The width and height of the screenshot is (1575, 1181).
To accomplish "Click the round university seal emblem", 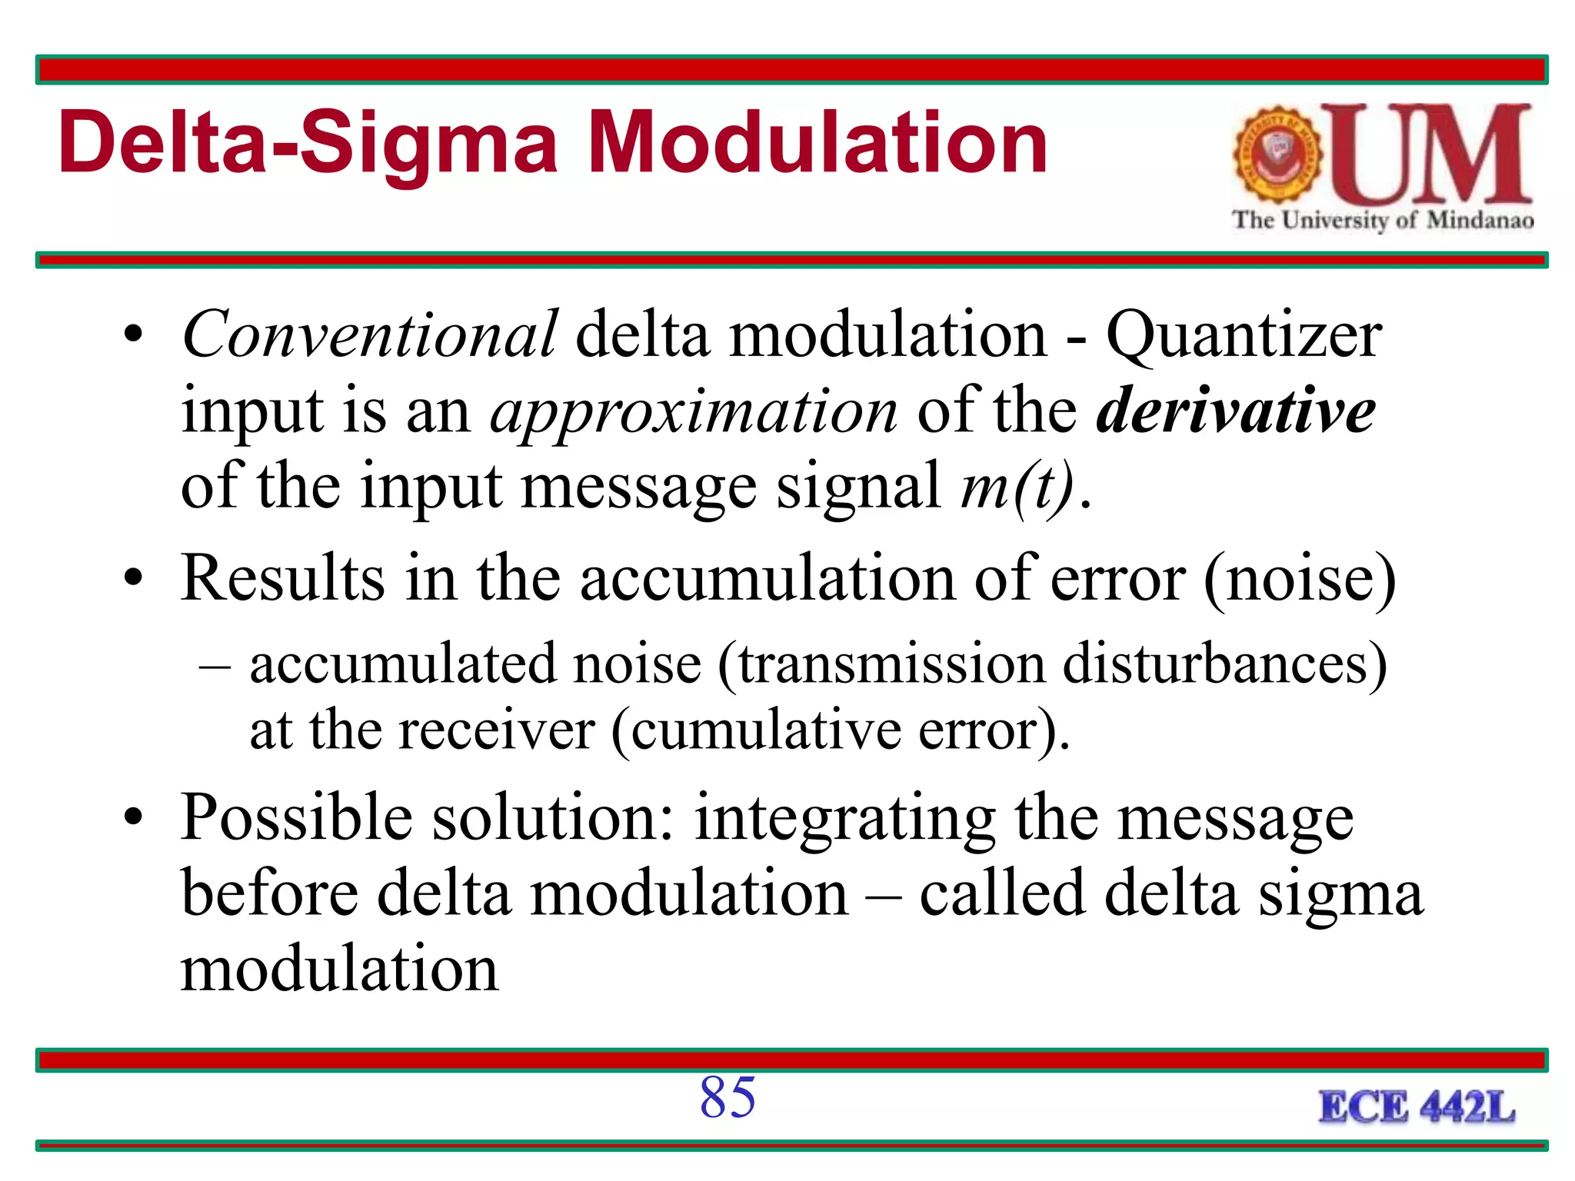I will (x=1277, y=155).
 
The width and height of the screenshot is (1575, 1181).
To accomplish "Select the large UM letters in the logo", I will (x=1434, y=155).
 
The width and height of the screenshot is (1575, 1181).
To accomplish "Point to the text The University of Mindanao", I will (x=1383, y=220).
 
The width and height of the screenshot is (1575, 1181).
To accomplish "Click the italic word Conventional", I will (x=369, y=334).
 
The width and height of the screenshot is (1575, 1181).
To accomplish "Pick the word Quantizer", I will (x=1244, y=336).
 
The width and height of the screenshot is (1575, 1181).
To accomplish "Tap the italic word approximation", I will (x=694, y=411).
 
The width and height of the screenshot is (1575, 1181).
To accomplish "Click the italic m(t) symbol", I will (x=1017, y=487).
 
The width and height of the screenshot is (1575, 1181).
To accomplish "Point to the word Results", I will (x=282, y=577).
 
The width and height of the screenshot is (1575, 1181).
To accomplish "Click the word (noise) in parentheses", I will (x=1300, y=579).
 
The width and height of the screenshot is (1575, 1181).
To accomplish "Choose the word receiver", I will (x=496, y=730).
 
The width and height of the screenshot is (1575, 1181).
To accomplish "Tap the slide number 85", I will (x=728, y=1097).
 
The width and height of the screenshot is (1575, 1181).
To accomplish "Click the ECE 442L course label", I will (x=1417, y=1108).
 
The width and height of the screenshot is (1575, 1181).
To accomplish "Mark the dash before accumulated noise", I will (x=215, y=665).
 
